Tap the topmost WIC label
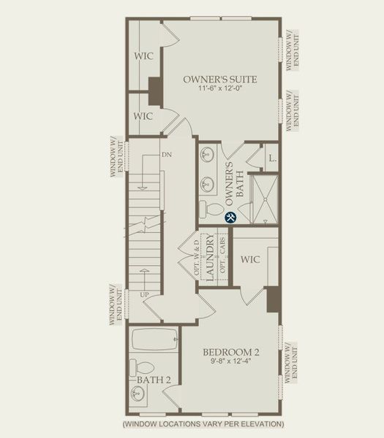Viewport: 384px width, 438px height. pos(143,55)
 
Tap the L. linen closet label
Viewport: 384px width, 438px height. pos(271,158)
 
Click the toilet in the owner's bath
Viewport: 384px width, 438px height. pos(213,210)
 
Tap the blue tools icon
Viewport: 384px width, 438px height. pos(230,217)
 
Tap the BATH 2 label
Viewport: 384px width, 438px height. pos(153,380)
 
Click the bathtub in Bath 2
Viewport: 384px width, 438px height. pos(155,340)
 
